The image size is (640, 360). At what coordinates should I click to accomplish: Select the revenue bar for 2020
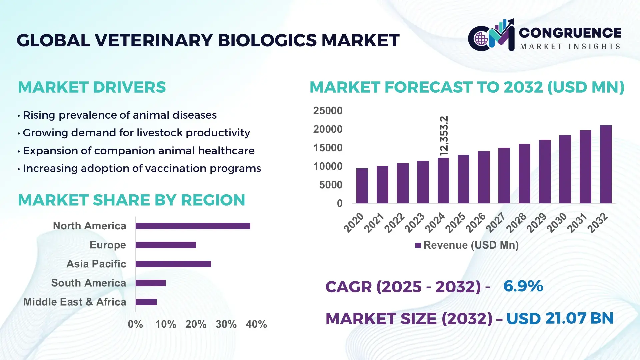[x=362, y=186]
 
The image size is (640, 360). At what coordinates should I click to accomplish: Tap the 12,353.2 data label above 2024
[x=444, y=136]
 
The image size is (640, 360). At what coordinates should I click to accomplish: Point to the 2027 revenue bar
[x=504, y=175]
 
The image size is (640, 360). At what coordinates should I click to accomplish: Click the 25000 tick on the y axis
[x=328, y=111]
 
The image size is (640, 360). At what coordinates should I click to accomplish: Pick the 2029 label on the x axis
[x=537, y=222]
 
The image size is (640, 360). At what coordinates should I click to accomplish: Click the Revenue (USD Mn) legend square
[x=418, y=246]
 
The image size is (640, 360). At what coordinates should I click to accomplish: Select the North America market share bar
[x=193, y=226]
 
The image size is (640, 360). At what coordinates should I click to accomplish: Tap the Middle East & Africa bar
[x=146, y=302]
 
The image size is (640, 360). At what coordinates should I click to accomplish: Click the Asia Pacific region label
[x=96, y=264]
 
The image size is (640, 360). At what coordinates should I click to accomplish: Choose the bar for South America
[x=150, y=283]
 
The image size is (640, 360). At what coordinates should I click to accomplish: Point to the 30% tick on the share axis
[x=226, y=324]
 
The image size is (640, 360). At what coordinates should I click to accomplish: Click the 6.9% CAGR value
[x=523, y=286]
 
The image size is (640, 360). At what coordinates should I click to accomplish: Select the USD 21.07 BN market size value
[x=560, y=318]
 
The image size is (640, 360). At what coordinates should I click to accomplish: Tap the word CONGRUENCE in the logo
[x=570, y=33]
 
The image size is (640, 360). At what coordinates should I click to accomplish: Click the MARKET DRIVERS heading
[x=92, y=87]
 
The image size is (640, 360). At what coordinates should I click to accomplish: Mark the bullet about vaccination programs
[x=142, y=168]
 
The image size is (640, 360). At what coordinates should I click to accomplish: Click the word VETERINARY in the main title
[x=154, y=40]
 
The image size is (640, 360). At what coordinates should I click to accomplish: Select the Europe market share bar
[x=166, y=245]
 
